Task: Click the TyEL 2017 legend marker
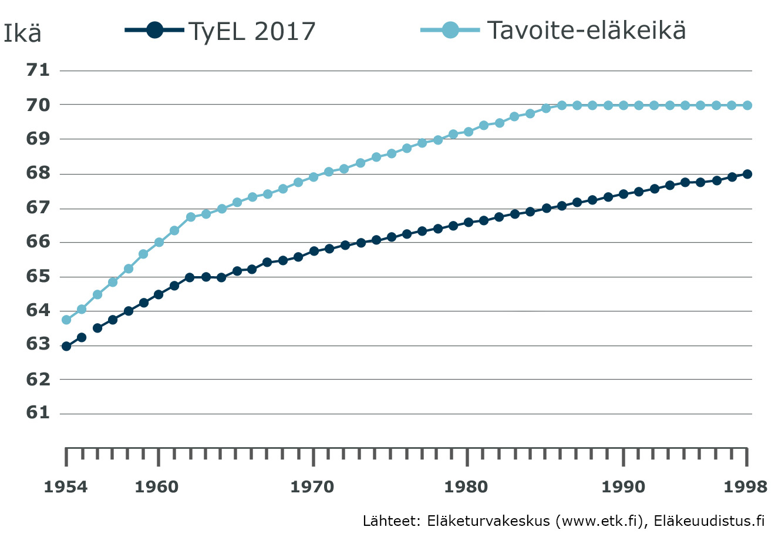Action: click(154, 30)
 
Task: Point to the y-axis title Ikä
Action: click(22, 33)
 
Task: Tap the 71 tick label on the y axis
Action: click(38, 71)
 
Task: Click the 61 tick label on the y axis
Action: click(38, 413)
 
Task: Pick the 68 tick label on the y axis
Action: click(38, 173)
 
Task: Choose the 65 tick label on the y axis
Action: click(38, 276)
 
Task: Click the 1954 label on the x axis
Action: click(66, 486)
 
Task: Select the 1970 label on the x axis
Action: click(312, 486)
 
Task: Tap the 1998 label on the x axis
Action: click(746, 486)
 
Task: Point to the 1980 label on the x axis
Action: click(467, 486)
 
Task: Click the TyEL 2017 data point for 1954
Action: click(66, 346)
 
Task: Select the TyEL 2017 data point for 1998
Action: click(747, 174)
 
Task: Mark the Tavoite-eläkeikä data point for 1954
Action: click(66, 320)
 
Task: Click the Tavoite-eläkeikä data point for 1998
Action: click(747, 105)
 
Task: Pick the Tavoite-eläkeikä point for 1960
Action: click(159, 242)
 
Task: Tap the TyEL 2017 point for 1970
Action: click(314, 251)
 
